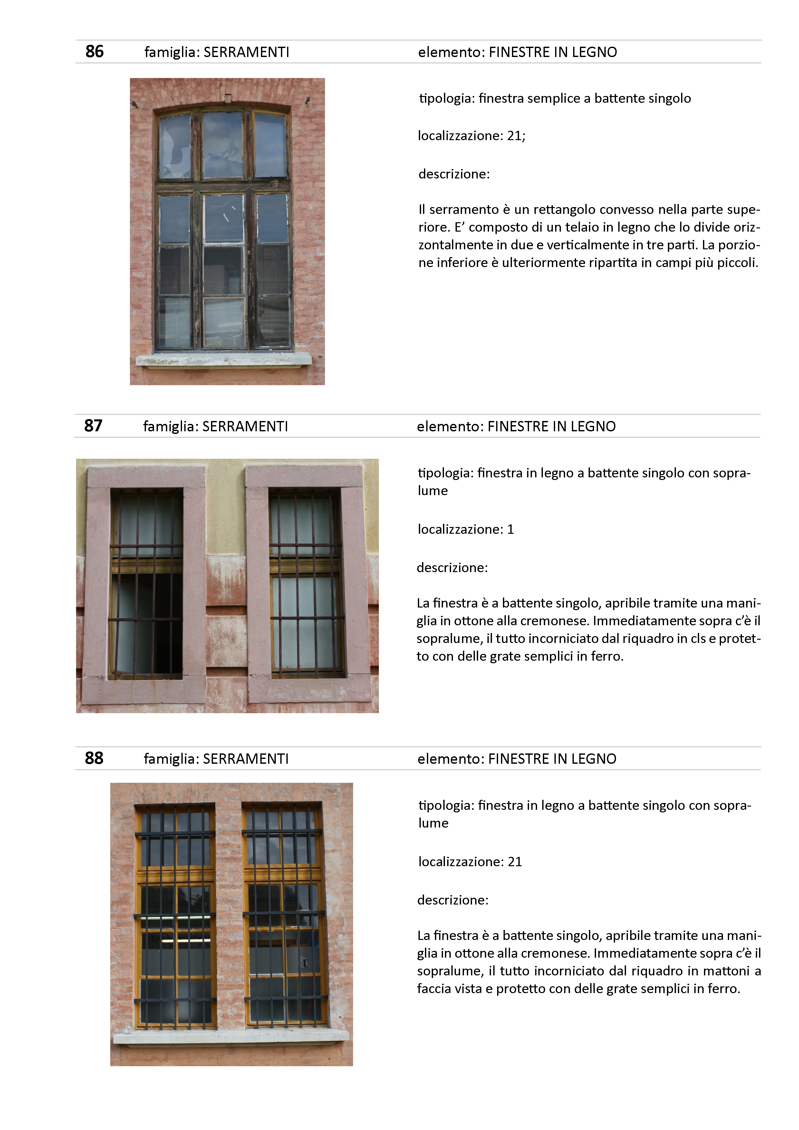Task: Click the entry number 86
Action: pyautogui.click(x=94, y=52)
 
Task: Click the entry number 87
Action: pyautogui.click(x=93, y=426)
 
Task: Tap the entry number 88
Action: pyautogui.click(x=94, y=758)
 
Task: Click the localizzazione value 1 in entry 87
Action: pyautogui.click(x=511, y=530)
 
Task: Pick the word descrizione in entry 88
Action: pyautogui.click(x=452, y=900)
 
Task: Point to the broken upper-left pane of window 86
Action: pyautogui.click(x=175, y=147)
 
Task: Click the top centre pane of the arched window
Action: pyautogui.click(x=223, y=144)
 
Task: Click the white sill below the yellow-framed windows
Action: pyautogui.click(x=230, y=1036)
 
